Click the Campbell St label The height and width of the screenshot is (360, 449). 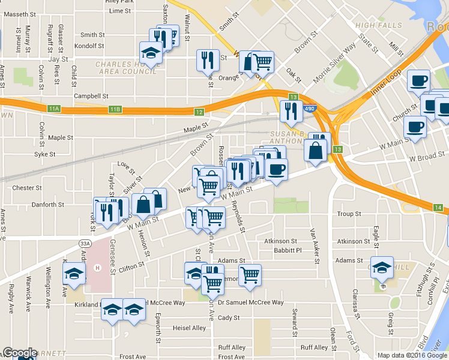91,96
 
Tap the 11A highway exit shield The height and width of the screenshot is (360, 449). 54,109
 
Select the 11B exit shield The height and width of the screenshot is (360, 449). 115,109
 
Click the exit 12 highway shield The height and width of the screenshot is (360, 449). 199,112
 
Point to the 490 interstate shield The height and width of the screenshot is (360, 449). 309,109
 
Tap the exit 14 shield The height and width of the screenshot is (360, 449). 439,208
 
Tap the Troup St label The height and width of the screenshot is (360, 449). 349,214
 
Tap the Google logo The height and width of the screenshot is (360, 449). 20,353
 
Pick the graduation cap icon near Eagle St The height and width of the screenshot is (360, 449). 382,268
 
